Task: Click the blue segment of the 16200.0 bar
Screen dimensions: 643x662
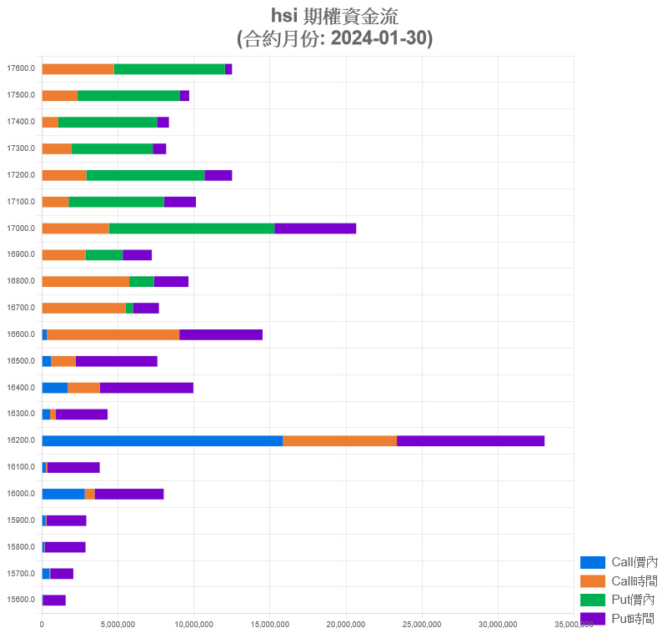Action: [162, 440]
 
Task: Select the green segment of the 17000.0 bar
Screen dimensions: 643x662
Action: [192, 229]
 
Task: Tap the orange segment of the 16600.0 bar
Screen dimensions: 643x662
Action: [113, 334]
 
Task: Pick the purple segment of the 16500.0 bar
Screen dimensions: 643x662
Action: [116, 361]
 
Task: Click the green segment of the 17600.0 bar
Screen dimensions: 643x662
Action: [169, 69]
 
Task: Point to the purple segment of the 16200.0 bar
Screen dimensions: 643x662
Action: [470, 440]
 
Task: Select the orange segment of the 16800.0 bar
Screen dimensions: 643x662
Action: [85, 281]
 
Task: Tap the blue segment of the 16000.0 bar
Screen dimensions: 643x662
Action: [63, 494]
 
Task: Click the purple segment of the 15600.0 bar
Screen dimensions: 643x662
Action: [54, 600]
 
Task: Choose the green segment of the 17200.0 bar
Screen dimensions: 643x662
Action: [145, 175]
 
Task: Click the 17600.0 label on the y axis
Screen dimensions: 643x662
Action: [21, 69]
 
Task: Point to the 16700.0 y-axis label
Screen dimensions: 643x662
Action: [21, 308]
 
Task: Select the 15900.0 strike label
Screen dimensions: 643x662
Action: [21, 520]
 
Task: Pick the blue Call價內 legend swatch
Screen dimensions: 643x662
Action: [592, 562]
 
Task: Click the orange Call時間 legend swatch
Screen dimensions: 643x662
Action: [592, 580]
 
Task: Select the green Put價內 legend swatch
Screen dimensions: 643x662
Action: [592, 600]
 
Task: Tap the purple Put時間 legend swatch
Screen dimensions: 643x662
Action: [592, 618]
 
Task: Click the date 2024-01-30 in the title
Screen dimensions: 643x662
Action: [379, 38]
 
